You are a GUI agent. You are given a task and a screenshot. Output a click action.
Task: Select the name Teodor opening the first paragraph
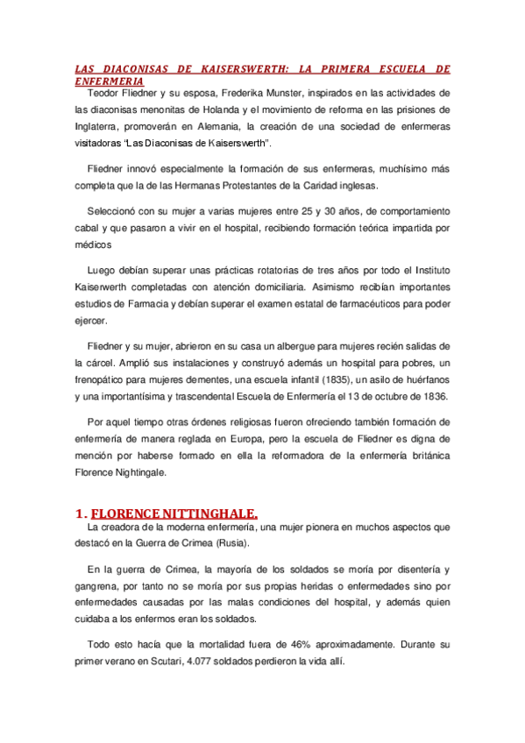click(x=105, y=93)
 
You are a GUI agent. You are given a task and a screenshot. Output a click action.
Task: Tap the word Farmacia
click(x=140, y=303)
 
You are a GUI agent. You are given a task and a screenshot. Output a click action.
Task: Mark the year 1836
click(x=433, y=395)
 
